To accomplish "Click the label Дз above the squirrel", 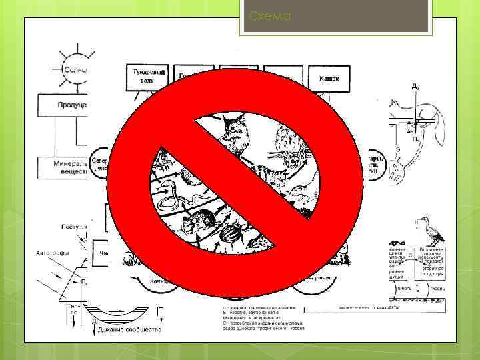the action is click(415, 87).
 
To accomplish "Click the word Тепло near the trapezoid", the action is click(73, 307).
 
